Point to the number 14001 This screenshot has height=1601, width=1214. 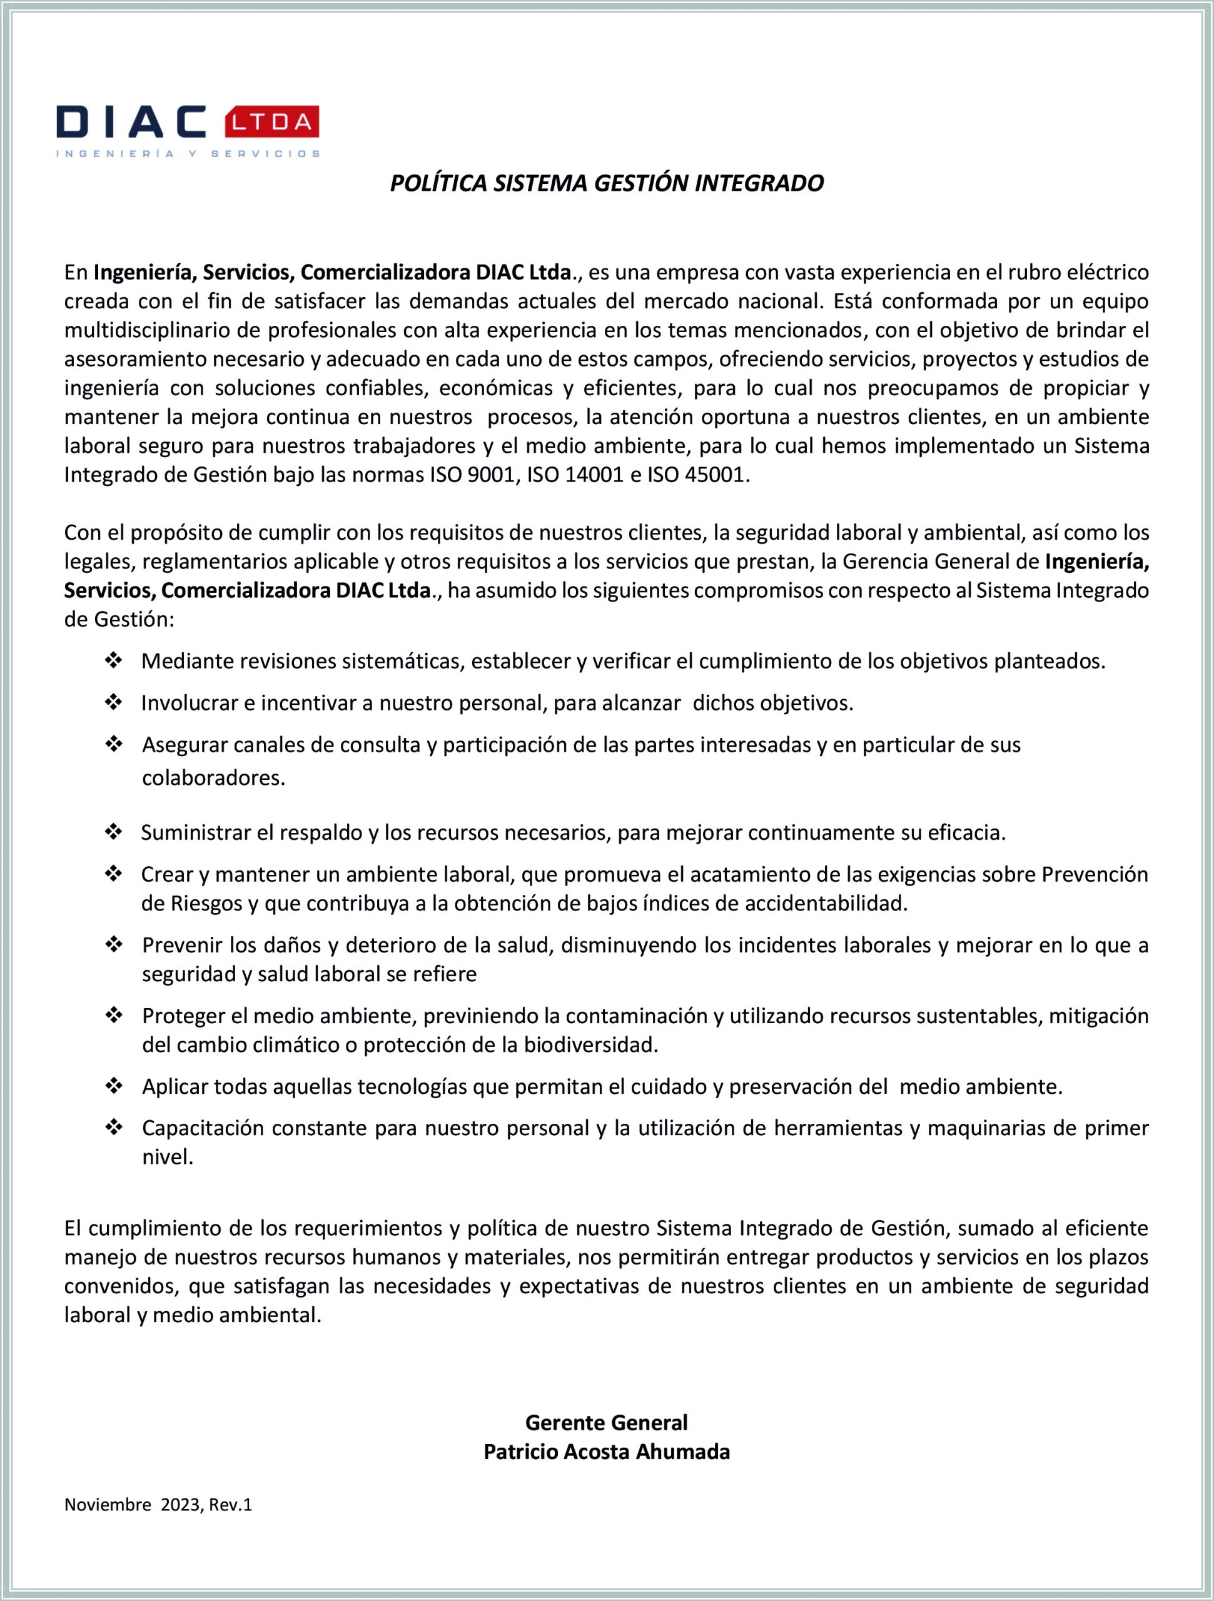pyautogui.click(x=594, y=475)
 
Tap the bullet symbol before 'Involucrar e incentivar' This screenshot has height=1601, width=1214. pyautogui.click(x=114, y=702)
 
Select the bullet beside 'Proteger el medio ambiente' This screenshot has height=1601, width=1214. pyautogui.click(x=114, y=1016)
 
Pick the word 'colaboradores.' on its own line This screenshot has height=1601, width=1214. pyautogui.click(x=213, y=777)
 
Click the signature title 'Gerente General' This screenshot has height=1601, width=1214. pyautogui.click(x=607, y=1423)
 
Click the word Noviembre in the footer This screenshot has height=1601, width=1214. pyautogui.click(x=108, y=1505)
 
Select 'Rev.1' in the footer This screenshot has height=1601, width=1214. pyautogui.click(x=230, y=1505)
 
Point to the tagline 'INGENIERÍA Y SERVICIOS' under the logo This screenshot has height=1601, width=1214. pyautogui.click(x=188, y=153)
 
